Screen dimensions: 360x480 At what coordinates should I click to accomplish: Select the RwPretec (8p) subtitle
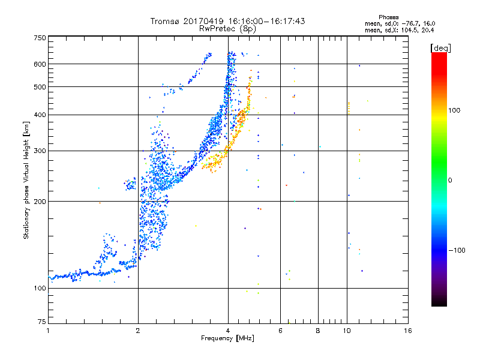coord(228,28)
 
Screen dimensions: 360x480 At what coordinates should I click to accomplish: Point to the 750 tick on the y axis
coord(39,38)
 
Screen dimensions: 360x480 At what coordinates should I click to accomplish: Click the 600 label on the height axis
coord(39,64)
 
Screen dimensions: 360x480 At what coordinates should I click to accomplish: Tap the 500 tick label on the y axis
coord(39,87)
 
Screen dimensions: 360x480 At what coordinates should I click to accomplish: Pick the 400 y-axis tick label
coord(39,115)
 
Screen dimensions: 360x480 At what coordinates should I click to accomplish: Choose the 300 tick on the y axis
coord(39,151)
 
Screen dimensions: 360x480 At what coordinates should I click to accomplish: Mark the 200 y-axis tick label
coord(39,202)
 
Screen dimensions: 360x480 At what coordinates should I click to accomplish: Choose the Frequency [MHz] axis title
coord(228,339)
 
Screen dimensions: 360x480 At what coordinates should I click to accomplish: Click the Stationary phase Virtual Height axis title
coord(26,180)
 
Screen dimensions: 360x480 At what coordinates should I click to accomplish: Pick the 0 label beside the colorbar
coord(451,180)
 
